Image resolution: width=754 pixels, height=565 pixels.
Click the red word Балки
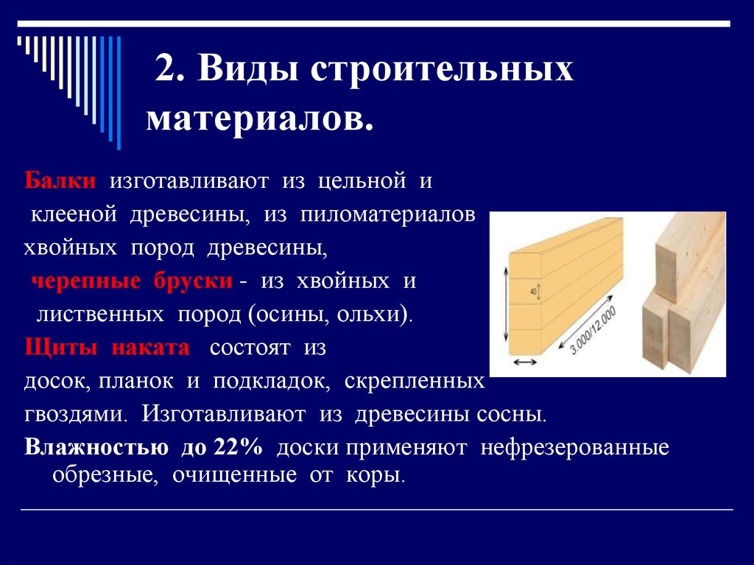pos(60,180)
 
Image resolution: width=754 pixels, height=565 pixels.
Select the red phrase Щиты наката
pos(107,347)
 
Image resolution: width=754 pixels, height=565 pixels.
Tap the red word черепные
pos(86,281)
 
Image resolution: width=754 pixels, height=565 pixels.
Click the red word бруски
pos(194,281)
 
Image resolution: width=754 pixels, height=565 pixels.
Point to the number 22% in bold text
pos(239,446)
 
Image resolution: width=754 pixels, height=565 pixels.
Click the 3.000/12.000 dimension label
pos(593,330)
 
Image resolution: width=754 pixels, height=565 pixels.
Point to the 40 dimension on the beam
pos(533,291)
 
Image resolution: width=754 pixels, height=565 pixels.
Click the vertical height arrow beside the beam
pos(506,305)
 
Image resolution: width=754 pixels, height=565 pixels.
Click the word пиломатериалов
pos(387,215)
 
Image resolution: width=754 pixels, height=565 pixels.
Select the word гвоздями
pos(76,414)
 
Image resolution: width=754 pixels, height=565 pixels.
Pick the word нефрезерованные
pos(574,448)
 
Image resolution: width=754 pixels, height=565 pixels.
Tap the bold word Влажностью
pos(96,446)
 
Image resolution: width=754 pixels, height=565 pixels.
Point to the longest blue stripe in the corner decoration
pos(119,93)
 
